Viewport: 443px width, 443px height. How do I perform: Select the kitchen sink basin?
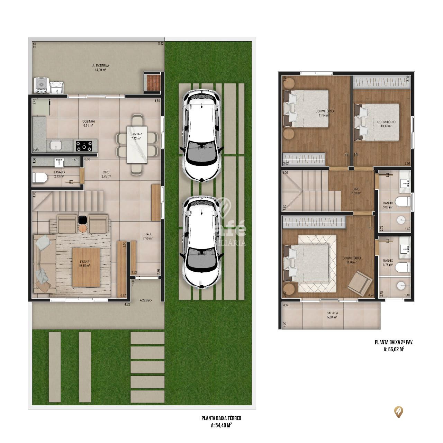55,146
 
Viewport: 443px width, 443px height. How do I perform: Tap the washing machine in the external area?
40,85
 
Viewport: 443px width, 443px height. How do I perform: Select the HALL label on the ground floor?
148,234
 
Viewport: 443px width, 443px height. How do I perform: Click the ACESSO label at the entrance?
146,300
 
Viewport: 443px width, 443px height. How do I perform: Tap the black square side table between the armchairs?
82,219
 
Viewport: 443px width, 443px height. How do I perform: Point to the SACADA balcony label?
332,313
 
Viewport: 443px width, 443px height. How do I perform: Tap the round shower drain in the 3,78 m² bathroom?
401,285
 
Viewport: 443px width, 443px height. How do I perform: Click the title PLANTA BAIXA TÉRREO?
221,418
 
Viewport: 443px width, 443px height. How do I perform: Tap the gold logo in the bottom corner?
399,412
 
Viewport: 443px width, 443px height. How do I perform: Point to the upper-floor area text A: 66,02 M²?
394,349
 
